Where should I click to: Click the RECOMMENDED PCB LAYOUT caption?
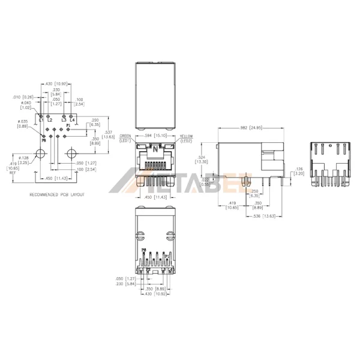57,195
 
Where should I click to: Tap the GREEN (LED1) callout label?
125,139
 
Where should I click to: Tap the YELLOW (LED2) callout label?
187,139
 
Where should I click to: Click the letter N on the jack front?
157,148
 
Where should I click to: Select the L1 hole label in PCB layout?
42,121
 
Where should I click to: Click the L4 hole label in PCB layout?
72,121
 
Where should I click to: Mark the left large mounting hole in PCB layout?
43,153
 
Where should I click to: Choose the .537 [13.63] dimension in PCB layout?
109,135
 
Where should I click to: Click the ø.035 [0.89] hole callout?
23,124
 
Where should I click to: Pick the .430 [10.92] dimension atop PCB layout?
57,83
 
